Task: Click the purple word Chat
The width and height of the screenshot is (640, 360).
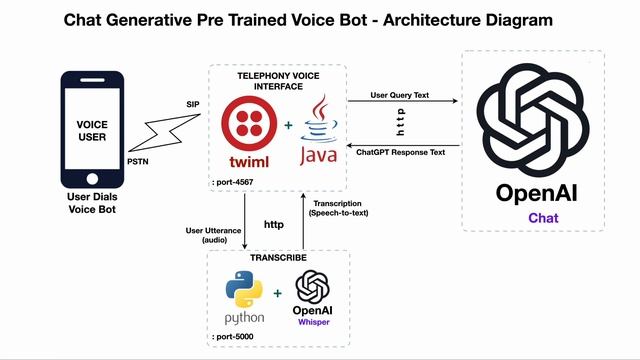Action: click(543, 217)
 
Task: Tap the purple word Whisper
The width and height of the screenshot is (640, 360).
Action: click(311, 323)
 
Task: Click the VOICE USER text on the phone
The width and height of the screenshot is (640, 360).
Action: click(92, 131)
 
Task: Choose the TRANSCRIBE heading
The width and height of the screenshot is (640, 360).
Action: click(278, 257)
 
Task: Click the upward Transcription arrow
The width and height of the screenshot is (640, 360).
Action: click(302, 220)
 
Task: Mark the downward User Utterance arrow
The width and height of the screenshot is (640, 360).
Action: click(244, 220)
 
